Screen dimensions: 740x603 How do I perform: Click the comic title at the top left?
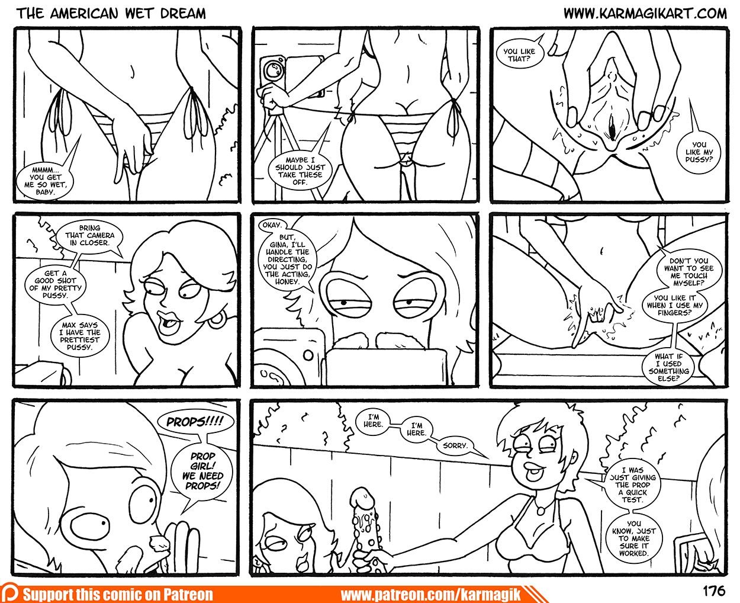point(111,14)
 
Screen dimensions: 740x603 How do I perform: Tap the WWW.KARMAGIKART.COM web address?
point(645,14)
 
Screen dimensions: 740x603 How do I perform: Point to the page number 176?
point(715,591)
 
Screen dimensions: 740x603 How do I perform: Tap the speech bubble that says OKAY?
point(271,225)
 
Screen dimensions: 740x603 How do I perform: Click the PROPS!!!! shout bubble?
point(195,422)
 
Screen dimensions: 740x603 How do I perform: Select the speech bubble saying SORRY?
point(455,445)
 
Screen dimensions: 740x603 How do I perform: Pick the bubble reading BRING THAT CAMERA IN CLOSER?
point(89,235)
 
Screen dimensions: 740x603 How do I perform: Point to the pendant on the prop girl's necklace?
point(540,510)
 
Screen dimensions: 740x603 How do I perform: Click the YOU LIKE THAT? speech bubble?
point(519,55)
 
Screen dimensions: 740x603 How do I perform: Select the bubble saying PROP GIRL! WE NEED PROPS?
point(202,470)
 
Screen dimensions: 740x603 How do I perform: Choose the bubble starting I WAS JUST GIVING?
point(632,485)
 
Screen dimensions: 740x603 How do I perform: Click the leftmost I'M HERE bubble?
point(373,420)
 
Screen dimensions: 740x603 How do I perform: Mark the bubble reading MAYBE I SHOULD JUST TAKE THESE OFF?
point(300,171)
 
